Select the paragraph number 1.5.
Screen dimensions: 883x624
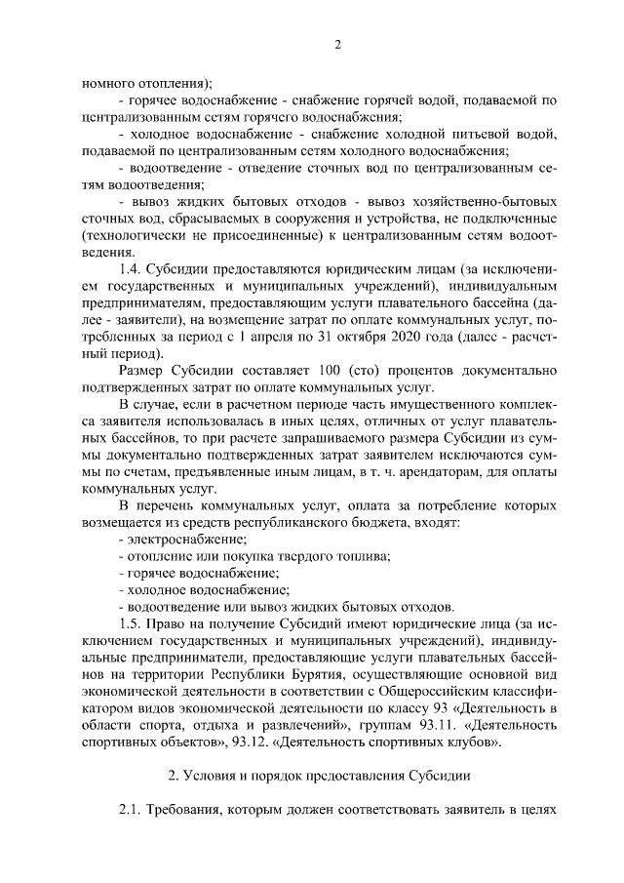130,622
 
